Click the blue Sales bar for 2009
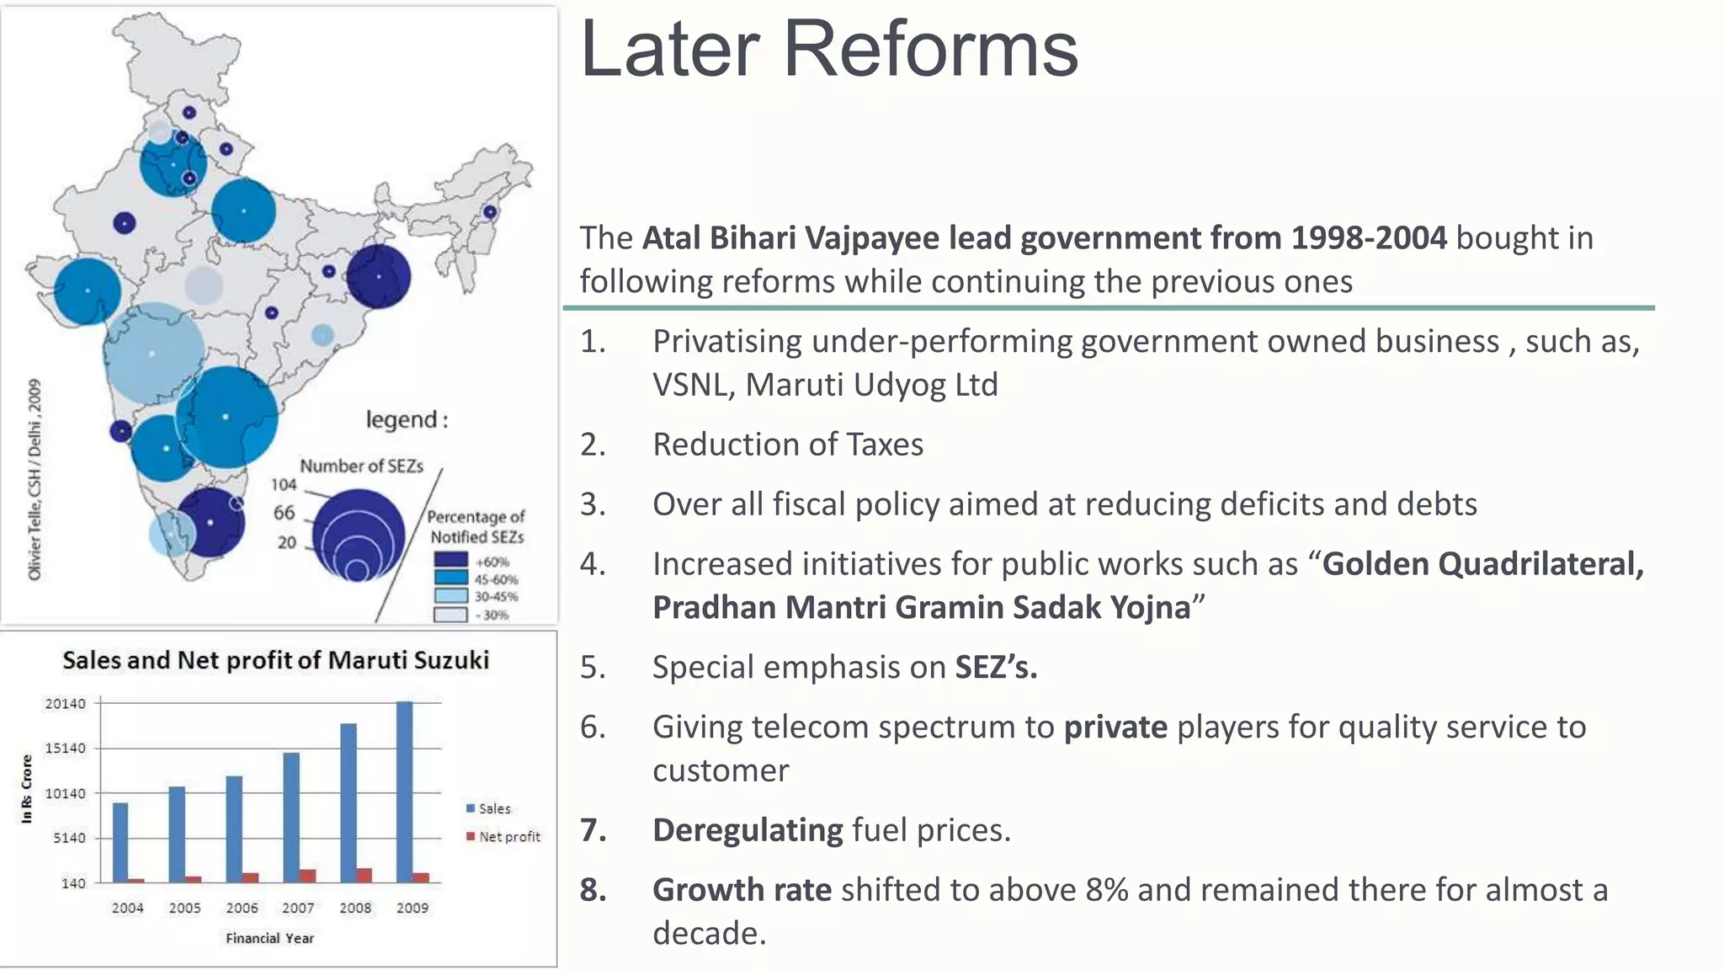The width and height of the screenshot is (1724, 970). click(404, 791)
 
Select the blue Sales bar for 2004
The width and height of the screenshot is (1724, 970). click(120, 842)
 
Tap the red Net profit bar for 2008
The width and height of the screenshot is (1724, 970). click(364, 876)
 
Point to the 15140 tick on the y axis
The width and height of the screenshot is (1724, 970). click(65, 748)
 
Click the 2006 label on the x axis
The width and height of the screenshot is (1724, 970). click(242, 908)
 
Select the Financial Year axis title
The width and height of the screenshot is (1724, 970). click(269, 938)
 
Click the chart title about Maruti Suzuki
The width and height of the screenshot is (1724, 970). click(275, 660)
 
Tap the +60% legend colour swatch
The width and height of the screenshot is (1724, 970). click(450, 560)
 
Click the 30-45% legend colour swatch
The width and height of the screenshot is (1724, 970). click(450, 595)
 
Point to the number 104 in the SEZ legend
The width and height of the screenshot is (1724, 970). click(284, 484)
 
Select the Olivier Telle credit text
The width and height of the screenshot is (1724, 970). click(35, 480)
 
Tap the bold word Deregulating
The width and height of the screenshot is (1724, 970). click(748, 830)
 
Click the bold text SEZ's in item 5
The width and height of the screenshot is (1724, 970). click(996, 667)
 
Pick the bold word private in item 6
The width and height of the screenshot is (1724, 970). click(1115, 727)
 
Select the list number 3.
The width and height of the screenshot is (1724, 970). click(593, 504)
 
